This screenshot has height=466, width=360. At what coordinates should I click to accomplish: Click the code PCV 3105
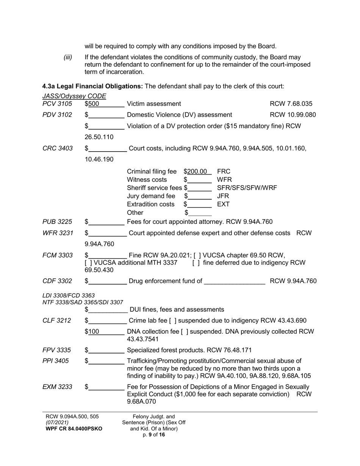[57, 104]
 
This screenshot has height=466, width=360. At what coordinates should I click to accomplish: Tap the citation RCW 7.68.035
[291, 104]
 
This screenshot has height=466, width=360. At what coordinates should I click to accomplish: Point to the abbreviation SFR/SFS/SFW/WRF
[247, 188]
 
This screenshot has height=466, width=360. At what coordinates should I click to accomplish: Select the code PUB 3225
[57, 222]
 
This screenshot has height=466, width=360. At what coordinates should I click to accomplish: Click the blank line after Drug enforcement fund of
[234, 281]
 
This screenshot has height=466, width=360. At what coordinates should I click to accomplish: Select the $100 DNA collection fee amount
[93, 332]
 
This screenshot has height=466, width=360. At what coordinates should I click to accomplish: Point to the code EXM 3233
[57, 387]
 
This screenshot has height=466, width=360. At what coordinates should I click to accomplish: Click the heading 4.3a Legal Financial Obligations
[92, 86]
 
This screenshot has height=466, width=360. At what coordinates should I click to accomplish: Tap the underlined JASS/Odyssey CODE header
[74, 96]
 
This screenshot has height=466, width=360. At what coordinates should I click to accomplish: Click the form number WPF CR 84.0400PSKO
[74, 429]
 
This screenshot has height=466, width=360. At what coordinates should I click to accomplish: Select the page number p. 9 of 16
[154, 435]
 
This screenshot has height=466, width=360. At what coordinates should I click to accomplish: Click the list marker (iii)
[68, 57]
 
